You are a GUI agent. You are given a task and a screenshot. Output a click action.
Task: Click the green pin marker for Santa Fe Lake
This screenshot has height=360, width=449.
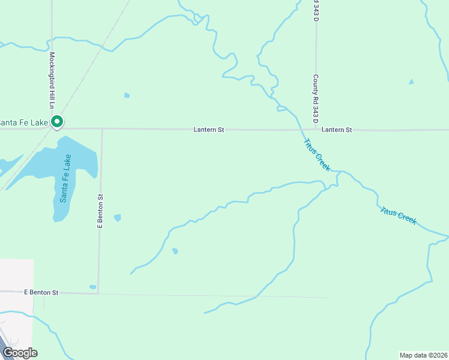point(57,122)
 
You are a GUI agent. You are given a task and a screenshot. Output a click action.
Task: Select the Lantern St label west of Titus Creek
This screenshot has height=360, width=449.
point(209,130)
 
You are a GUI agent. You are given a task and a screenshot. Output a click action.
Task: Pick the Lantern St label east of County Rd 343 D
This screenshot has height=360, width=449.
point(336,130)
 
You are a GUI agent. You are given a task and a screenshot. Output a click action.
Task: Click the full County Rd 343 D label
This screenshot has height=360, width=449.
point(315,96)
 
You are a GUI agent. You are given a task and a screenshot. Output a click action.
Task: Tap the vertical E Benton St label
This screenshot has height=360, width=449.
point(100,210)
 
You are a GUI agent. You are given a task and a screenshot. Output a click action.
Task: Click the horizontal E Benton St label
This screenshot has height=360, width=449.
point(41,292)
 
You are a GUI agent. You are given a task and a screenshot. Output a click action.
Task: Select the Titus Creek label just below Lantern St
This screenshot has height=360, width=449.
point(317,155)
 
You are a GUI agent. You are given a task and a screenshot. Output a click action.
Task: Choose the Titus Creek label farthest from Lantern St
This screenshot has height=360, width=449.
point(398,215)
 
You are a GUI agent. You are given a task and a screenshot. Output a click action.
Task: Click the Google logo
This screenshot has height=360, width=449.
point(19,353)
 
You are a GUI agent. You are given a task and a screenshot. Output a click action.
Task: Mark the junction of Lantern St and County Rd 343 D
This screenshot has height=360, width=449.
point(316,129)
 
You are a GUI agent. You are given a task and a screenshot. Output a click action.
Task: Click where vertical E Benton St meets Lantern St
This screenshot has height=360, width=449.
point(101,128)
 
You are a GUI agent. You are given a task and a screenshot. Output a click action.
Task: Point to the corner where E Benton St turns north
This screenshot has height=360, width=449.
point(98,293)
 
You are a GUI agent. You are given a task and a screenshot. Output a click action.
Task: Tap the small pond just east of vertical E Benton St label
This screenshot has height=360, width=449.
point(118,217)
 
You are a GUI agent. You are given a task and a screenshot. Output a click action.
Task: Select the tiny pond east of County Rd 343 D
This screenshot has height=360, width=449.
point(411,82)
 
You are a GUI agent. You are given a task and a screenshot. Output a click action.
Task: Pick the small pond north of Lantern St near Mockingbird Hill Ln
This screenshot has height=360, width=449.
point(127,95)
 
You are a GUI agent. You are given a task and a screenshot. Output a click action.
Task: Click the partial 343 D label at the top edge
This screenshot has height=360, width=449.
point(315,10)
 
